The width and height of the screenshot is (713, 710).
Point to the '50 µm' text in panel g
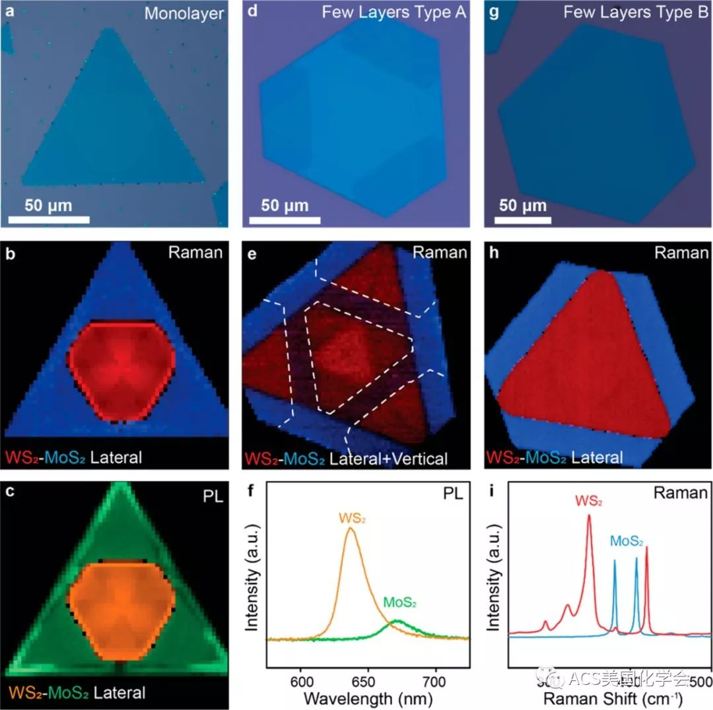523,205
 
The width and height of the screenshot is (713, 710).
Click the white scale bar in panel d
285,218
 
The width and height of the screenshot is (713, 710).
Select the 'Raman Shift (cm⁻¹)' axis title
612,697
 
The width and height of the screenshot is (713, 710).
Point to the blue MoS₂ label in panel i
627,542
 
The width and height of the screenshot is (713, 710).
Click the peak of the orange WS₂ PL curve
351,528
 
